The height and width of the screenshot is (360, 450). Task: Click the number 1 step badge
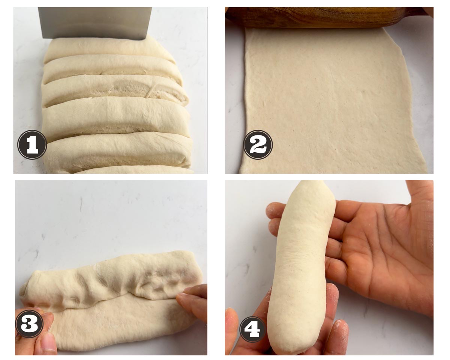point(32,145)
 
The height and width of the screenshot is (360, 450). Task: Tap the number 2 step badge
point(258,145)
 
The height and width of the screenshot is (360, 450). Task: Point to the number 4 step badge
point(252,330)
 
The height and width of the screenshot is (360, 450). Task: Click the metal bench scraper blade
point(95,23)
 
